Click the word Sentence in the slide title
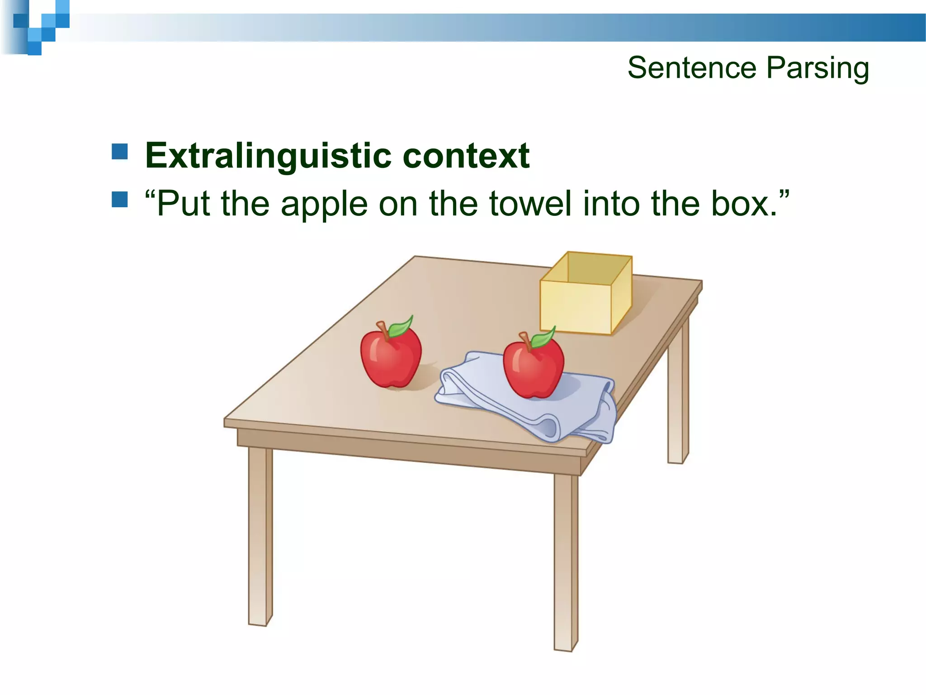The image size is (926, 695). (x=692, y=68)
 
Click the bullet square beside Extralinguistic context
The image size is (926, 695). (x=120, y=152)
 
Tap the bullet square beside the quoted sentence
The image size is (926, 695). (x=120, y=200)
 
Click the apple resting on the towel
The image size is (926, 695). (x=534, y=369)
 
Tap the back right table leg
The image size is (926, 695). (x=677, y=389)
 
